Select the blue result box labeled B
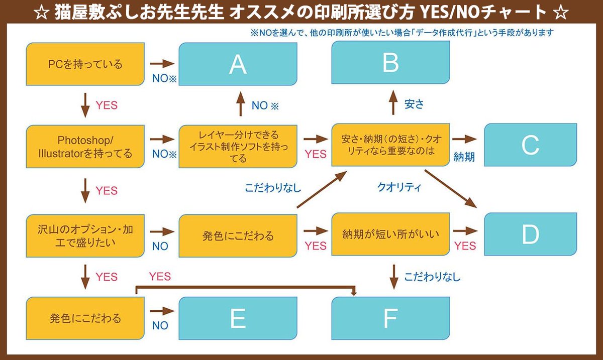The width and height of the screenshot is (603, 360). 390,62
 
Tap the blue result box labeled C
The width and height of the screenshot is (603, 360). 530,145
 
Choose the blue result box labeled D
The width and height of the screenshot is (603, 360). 530,234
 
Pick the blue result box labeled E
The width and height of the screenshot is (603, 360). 238,318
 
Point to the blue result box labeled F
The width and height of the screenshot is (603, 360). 390,318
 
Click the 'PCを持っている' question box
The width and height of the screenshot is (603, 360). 85,64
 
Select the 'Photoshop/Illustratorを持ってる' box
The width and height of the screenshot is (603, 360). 85,147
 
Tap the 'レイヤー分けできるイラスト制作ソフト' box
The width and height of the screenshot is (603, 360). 238,147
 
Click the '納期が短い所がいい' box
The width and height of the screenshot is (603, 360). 390,234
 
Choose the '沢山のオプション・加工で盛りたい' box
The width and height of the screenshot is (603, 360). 85,234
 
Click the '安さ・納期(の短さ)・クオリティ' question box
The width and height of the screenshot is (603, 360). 390,146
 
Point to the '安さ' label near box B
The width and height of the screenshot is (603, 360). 415,104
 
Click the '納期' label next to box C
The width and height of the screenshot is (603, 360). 464,157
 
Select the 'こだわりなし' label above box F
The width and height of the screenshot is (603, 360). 432,277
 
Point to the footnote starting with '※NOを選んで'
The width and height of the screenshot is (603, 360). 402,33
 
